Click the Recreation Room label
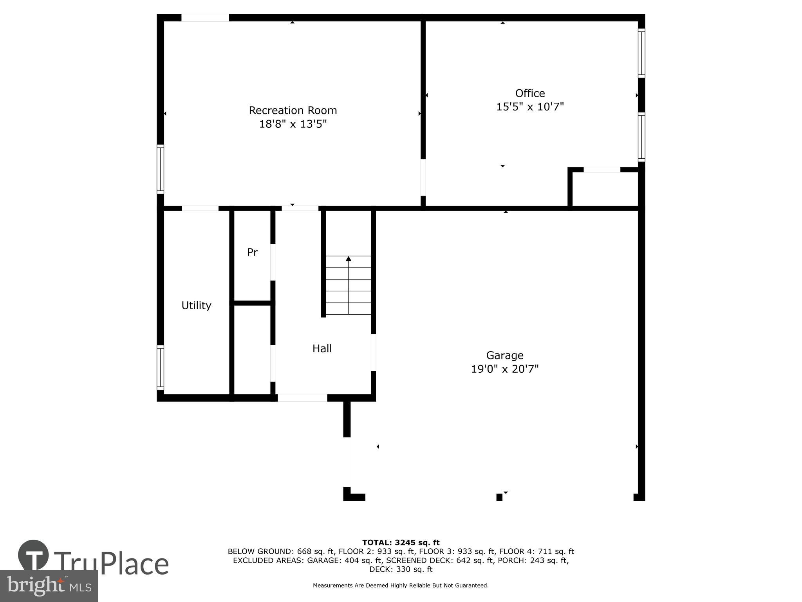(x=293, y=111)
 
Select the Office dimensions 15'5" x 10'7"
(x=530, y=107)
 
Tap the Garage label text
(x=505, y=355)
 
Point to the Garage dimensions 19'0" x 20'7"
(x=505, y=369)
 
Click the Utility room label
(x=196, y=305)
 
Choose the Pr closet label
(x=252, y=252)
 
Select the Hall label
(x=322, y=348)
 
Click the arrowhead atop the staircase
(x=349, y=259)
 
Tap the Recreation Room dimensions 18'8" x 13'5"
(x=293, y=124)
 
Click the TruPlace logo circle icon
(x=33, y=555)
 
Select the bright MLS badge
(x=49, y=586)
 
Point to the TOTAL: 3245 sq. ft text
(x=401, y=542)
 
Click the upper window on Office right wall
(x=641, y=53)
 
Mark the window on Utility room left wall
(x=160, y=367)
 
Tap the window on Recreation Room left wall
(x=160, y=169)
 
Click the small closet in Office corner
(x=605, y=189)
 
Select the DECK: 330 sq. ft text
(x=401, y=569)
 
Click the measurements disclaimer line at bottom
(x=401, y=586)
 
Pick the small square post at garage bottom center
(x=499, y=497)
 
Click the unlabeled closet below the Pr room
(x=252, y=350)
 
